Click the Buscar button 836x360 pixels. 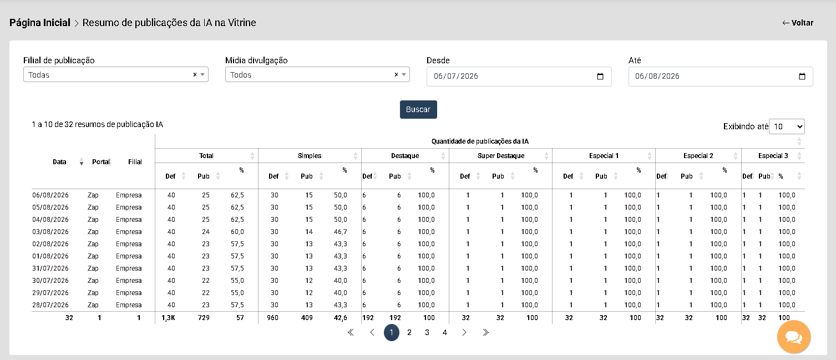click(418, 109)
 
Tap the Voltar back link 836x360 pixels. click(798, 23)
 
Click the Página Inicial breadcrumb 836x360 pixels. click(40, 23)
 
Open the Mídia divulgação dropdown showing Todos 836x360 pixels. click(317, 75)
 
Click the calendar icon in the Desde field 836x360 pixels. click(600, 77)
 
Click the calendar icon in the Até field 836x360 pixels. click(802, 77)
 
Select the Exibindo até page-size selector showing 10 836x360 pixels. click(787, 126)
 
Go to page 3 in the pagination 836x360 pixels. click(427, 332)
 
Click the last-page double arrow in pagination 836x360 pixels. click(485, 332)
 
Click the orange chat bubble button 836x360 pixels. click(794, 337)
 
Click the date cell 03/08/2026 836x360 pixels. click(50, 232)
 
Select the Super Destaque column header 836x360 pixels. click(501, 155)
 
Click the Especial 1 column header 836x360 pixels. click(604, 155)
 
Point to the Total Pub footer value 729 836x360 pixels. click(204, 318)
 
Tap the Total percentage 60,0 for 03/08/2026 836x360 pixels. click(237, 232)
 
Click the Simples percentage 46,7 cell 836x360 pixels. click(341, 232)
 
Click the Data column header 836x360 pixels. click(59, 162)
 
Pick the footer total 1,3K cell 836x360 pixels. click(168, 318)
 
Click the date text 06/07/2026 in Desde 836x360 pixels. click(455, 77)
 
